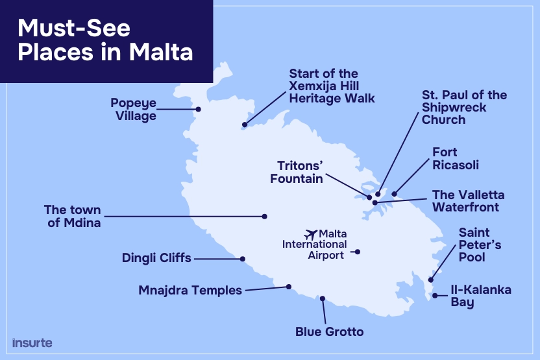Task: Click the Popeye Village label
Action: click(x=133, y=110)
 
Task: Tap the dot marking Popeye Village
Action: click(x=199, y=109)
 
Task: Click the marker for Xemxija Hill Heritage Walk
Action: click(x=245, y=125)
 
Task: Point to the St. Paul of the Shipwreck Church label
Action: click(x=464, y=107)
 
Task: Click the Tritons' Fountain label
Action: click(x=297, y=171)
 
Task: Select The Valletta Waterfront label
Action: click(x=468, y=201)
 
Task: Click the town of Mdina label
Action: click(x=73, y=216)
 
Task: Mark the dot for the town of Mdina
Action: click(x=265, y=216)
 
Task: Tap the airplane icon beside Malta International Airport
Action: click(x=311, y=234)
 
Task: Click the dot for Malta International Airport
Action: click(x=357, y=252)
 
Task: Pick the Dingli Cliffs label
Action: click(x=156, y=258)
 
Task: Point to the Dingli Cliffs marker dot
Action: click(x=243, y=259)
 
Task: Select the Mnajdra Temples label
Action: click(x=190, y=290)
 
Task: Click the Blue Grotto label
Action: click(x=329, y=332)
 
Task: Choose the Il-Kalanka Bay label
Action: click(x=481, y=296)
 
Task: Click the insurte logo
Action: click(x=32, y=342)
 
